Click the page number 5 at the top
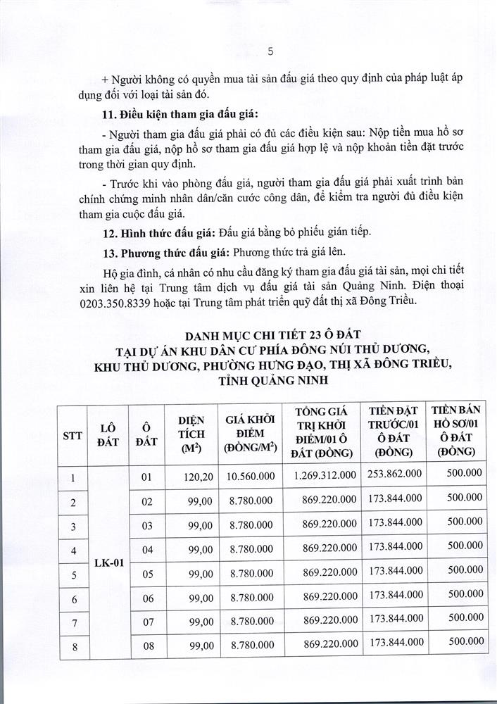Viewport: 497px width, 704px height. [270, 51]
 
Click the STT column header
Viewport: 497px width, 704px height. [73, 436]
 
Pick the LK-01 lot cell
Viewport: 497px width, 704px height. [109, 563]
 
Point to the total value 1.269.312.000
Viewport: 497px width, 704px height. [325, 477]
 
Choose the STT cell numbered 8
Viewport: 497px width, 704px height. [73, 645]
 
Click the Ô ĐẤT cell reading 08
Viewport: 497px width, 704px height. [147, 643]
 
